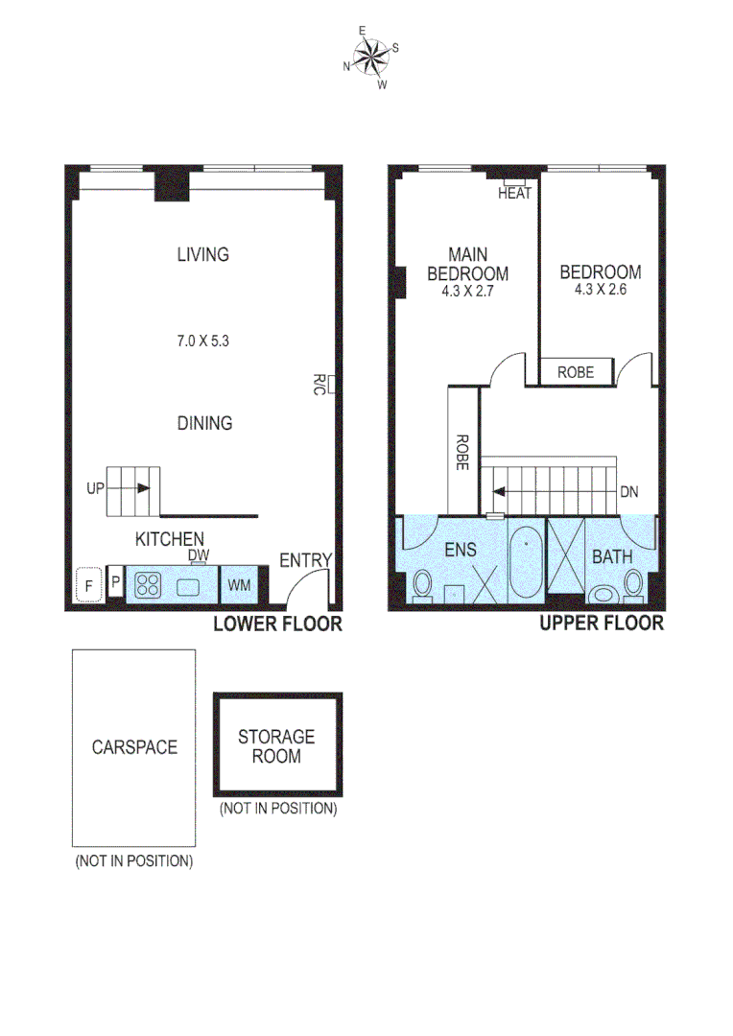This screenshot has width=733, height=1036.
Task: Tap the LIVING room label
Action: (202, 255)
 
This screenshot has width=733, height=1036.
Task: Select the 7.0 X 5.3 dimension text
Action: (203, 339)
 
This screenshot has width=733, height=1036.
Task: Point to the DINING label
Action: (204, 423)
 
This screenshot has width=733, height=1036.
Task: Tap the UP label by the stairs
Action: (94, 488)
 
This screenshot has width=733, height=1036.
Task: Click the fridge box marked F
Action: (89, 583)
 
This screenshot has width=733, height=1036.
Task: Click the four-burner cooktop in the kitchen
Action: (148, 584)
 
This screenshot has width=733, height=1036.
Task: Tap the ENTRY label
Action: (305, 561)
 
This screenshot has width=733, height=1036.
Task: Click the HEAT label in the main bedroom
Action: (514, 193)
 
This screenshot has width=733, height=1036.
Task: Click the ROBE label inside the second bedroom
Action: (576, 372)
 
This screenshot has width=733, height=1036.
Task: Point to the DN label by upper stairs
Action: (628, 492)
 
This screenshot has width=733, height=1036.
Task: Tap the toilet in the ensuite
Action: (422, 584)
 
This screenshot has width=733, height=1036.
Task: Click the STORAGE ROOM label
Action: (276, 746)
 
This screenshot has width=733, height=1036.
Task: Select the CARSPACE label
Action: (134, 746)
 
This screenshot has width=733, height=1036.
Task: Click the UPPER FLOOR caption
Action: (601, 624)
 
